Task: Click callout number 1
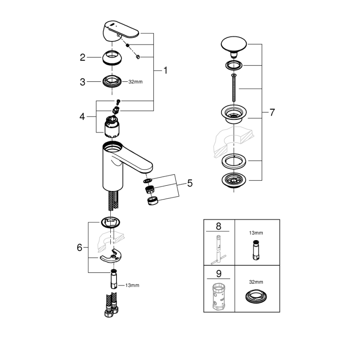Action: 165,71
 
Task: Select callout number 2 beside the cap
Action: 83,58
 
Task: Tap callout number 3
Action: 83,82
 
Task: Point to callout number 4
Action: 83,117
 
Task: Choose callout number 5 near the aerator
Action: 190,183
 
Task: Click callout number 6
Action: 80,248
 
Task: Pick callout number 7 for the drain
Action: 272,112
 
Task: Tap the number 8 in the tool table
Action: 219,226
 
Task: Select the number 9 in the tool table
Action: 219,274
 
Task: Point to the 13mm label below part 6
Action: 133,285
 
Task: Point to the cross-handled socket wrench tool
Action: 219,249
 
